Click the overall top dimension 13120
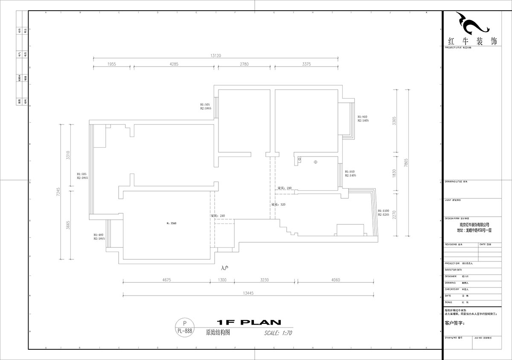click(215, 55)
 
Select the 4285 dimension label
click(174, 64)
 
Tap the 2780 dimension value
click(244, 64)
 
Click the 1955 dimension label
click(112, 64)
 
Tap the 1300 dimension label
click(222, 280)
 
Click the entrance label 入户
click(225, 268)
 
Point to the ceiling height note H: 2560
click(171, 223)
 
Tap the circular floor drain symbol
click(315, 162)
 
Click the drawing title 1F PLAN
click(248, 322)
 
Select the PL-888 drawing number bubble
click(184, 327)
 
